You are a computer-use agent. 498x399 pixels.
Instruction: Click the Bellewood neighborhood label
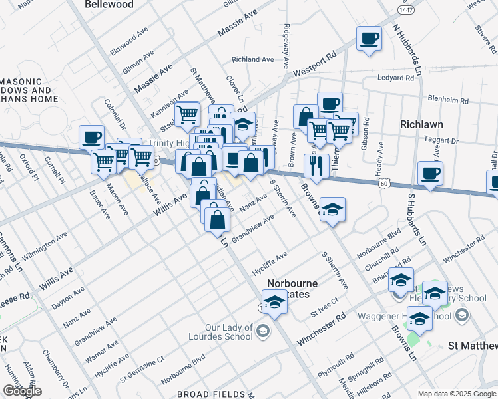tap(109, 5)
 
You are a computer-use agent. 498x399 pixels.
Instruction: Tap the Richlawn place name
tap(422, 124)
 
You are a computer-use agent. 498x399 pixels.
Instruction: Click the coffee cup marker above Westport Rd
tap(369, 38)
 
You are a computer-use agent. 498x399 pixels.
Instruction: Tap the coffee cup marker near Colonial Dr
tap(91, 137)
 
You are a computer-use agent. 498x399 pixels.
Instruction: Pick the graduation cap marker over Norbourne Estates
tap(274, 302)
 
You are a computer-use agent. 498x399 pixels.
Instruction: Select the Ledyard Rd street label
tap(395, 78)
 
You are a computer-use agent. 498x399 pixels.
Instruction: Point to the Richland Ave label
tap(253, 59)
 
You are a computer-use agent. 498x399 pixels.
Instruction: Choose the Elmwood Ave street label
tap(128, 41)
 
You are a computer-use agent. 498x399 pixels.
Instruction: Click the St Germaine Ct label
tap(142, 370)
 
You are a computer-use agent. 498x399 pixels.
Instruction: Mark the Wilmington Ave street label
tap(45, 247)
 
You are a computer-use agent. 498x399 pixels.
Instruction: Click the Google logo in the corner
tap(22, 391)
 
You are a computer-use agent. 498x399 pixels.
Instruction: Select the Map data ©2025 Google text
tap(456, 394)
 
